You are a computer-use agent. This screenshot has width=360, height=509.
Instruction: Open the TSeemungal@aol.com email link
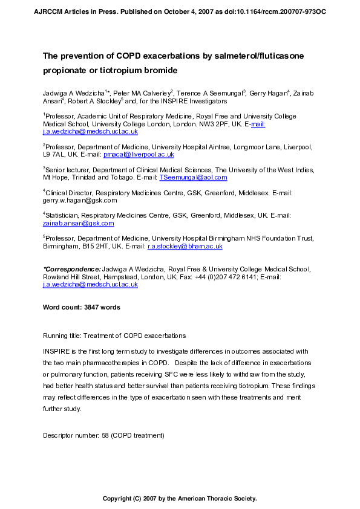(193, 178)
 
